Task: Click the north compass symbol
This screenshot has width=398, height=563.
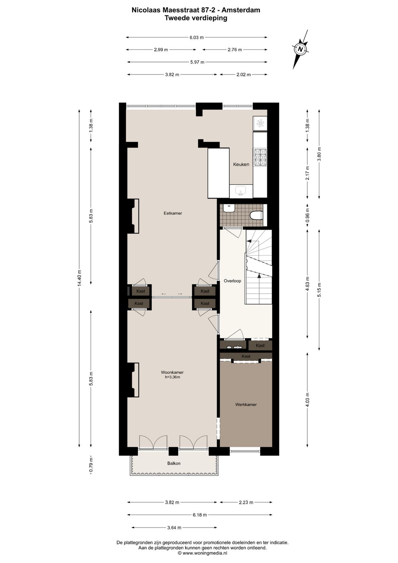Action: (x=300, y=49)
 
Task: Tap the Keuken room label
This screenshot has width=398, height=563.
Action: (x=241, y=165)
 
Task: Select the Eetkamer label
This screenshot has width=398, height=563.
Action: (x=173, y=213)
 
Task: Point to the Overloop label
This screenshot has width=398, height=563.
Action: (x=232, y=281)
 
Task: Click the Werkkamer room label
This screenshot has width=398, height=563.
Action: (x=246, y=405)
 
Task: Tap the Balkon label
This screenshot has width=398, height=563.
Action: (x=174, y=463)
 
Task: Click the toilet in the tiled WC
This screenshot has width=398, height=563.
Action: (x=256, y=215)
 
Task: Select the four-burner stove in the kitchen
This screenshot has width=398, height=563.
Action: (x=260, y=157)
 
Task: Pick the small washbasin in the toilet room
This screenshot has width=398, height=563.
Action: (x=229, y=208)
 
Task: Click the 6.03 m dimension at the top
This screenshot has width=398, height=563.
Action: (x=196, y=37)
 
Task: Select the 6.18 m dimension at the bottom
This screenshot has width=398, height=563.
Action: (x=200, y=515)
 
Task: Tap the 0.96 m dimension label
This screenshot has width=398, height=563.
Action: (x=308, y=216)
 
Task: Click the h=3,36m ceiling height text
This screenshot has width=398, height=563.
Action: (x=172, y=377)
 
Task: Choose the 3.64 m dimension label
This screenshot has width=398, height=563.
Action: (x=174, y=528)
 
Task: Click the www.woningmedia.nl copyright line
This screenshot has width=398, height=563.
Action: (x=202, y=553)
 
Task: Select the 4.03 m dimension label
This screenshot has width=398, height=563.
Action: (x=308, y=400)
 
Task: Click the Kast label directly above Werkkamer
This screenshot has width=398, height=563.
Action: (x=246, y=356)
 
